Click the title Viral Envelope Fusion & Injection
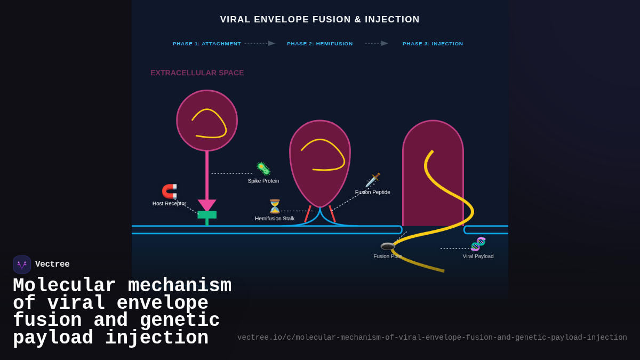319,20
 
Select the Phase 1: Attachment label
207,44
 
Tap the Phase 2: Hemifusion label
319,44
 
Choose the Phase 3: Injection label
433,44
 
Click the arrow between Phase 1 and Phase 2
260,43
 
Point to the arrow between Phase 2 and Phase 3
377,43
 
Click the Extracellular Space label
197,73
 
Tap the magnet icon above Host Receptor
169,191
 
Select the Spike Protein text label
263,181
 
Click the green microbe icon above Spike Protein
263,169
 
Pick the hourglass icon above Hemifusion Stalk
275,206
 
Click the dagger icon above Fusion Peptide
372,180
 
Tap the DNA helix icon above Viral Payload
478,244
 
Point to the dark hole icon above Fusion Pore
388,246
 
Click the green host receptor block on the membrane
207,215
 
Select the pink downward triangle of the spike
207,205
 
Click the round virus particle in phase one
207,121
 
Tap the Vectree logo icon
22,265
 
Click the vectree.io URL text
432,338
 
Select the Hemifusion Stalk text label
274,219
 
